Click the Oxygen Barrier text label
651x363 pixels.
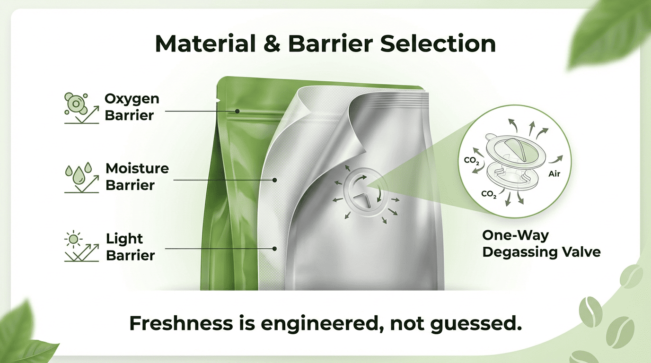(131, 107)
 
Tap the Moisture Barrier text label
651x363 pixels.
(137, 177)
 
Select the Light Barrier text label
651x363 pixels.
(130, 247)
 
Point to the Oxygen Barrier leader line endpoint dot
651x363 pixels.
(238, 112)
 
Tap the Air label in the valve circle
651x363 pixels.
(554, 174)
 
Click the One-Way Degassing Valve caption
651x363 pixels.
(541, 244)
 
